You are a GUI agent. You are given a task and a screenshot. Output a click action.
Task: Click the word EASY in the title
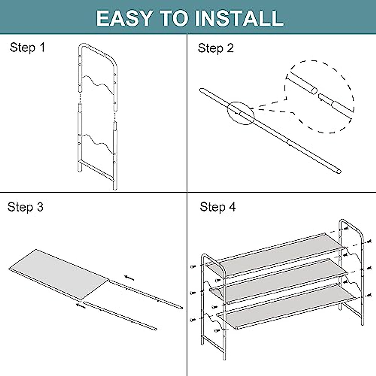(124, 18)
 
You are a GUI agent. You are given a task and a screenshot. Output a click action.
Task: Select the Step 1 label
(27, 47)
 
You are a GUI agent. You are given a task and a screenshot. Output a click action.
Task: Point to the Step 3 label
(25, 207)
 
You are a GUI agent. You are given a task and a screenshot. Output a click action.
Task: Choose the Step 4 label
(218, 207)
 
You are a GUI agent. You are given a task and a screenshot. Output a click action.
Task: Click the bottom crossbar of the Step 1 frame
(96, 169)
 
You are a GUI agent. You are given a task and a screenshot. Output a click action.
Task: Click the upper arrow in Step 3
(129, 278)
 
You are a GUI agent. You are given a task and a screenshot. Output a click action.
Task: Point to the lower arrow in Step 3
(81, 305)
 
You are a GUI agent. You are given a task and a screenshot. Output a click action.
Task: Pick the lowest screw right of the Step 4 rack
(370, 294)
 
